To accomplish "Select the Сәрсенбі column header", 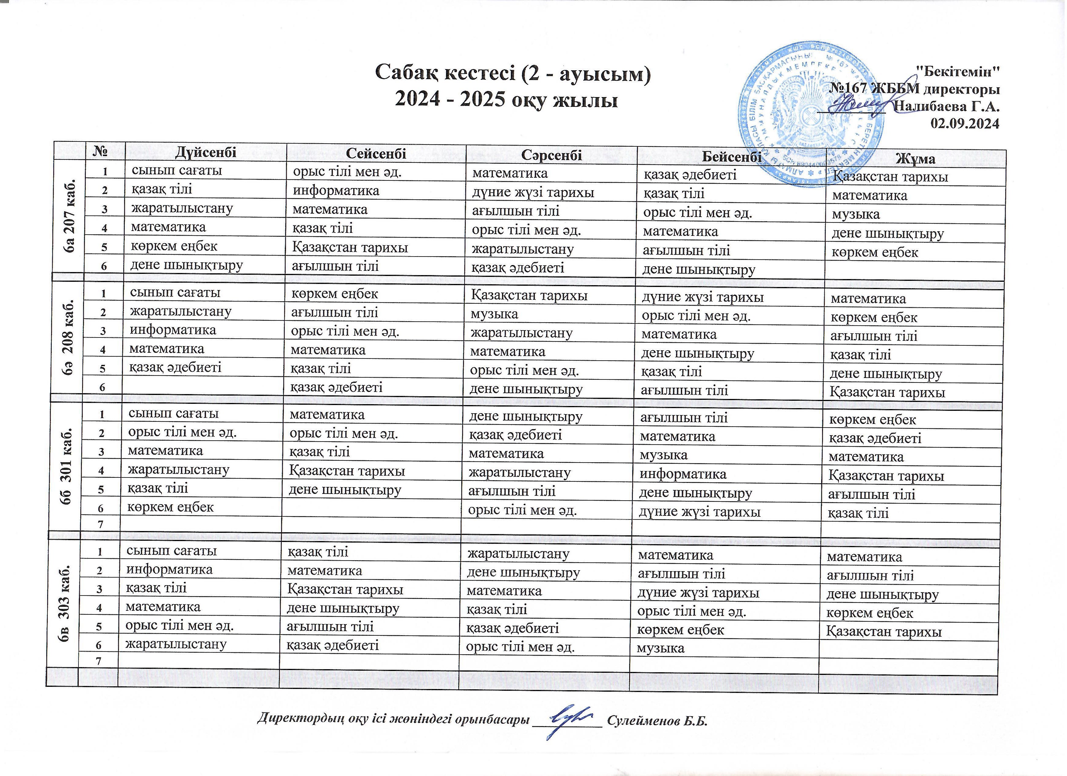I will click(x=551, y=155).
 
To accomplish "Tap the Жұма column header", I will click(x=915, y=159).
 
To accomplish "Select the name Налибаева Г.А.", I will click(x=947, y=106).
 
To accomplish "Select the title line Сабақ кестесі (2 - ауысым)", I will click(x=513, y=74).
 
